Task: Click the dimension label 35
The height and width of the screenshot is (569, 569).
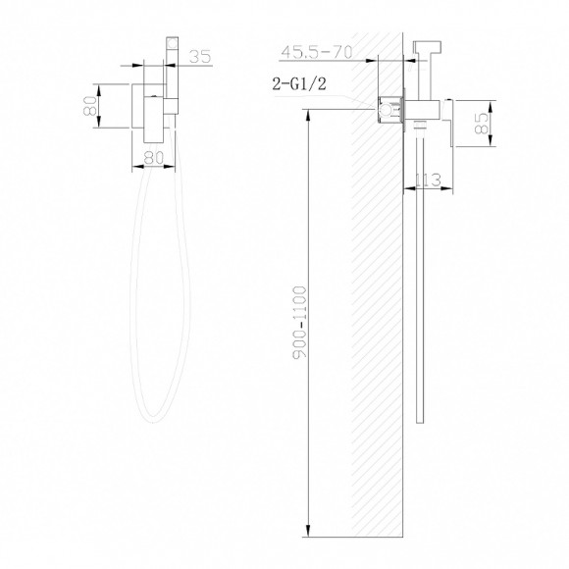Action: coord(200,56)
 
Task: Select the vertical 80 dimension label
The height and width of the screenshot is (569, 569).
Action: coord(90,106)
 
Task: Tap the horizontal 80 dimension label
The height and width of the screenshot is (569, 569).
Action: coord(154,158)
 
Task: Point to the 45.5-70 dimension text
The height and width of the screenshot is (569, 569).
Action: coord(317,52)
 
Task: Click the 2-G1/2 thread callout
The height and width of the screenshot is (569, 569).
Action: coord(299,83)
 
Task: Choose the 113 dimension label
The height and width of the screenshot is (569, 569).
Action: coord(428,180)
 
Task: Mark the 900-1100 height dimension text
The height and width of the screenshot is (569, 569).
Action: coord(300,322)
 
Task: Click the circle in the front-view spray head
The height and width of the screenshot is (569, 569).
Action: coord(173,43)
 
